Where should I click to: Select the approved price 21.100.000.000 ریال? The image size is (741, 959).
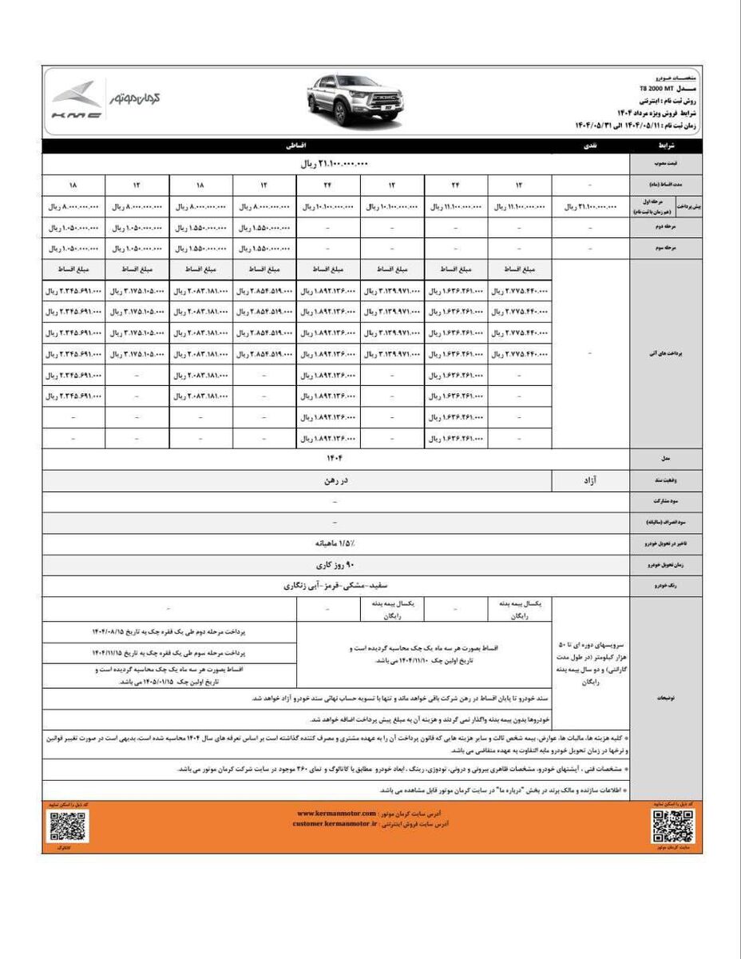pyautogui.click(x=332, y=164)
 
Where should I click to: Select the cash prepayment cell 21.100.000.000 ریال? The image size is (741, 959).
pyautogui.click(x=590, y=207)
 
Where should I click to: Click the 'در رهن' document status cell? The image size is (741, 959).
pyautogui.click(x=332, y=482)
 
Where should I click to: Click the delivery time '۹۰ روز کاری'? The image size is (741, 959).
pyautogui.click(x=332, y=563)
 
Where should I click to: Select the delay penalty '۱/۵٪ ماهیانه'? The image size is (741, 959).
pyautogui.click(x=332, y=542)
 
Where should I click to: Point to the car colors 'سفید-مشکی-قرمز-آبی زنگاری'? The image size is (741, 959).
pyautogui.click(x=332, y=586)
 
